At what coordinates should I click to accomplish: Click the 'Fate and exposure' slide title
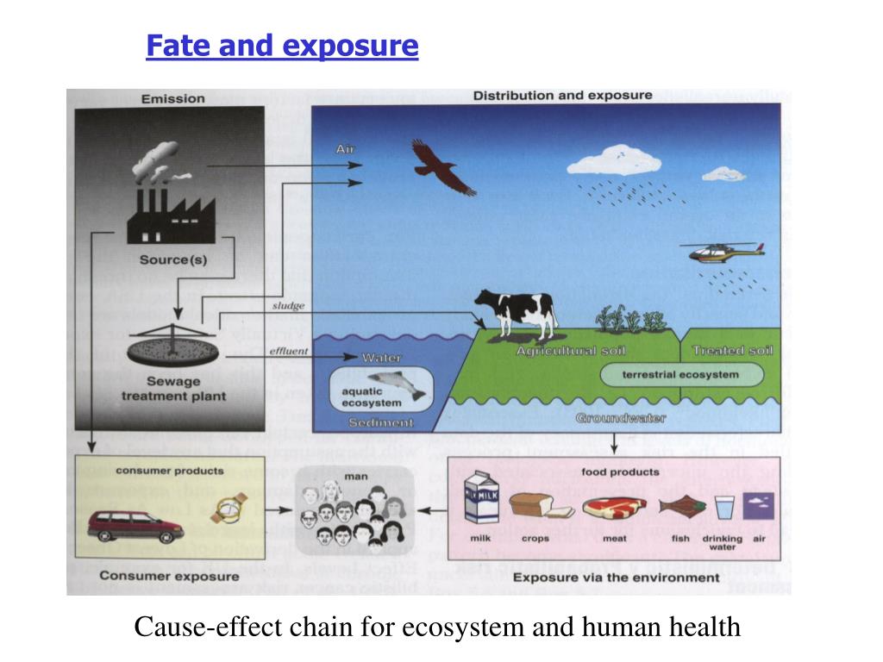pyautogui.click(x=282, y=45)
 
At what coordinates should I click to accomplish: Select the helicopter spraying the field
pyautogui.click(x=723, y=252)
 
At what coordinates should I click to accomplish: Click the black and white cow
pyautogui.click(x=516, y=314)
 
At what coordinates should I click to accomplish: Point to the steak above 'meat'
pyautogui.click(x=613, y=506)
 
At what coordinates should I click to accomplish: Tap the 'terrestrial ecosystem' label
pyautogui.click(x=680, y=375)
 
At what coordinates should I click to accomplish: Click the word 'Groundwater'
pyautogui.click(x=621, y=418)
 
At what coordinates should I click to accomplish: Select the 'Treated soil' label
pyautogui.click(x=732, y=351)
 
